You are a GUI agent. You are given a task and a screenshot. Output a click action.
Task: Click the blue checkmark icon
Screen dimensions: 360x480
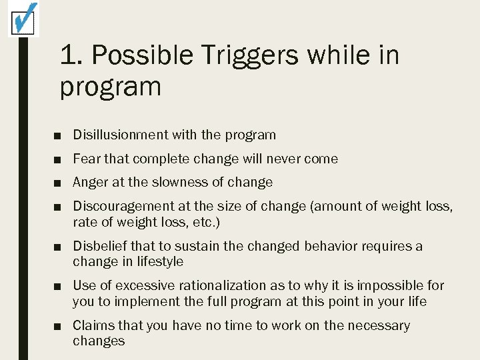tap(23, 18)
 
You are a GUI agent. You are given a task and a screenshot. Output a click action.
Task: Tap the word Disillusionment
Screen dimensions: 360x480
tap(121, 135)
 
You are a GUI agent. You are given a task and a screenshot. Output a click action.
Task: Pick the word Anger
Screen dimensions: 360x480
tap(90, 182)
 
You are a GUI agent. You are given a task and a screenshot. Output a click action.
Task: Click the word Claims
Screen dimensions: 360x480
tap(93, 325)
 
